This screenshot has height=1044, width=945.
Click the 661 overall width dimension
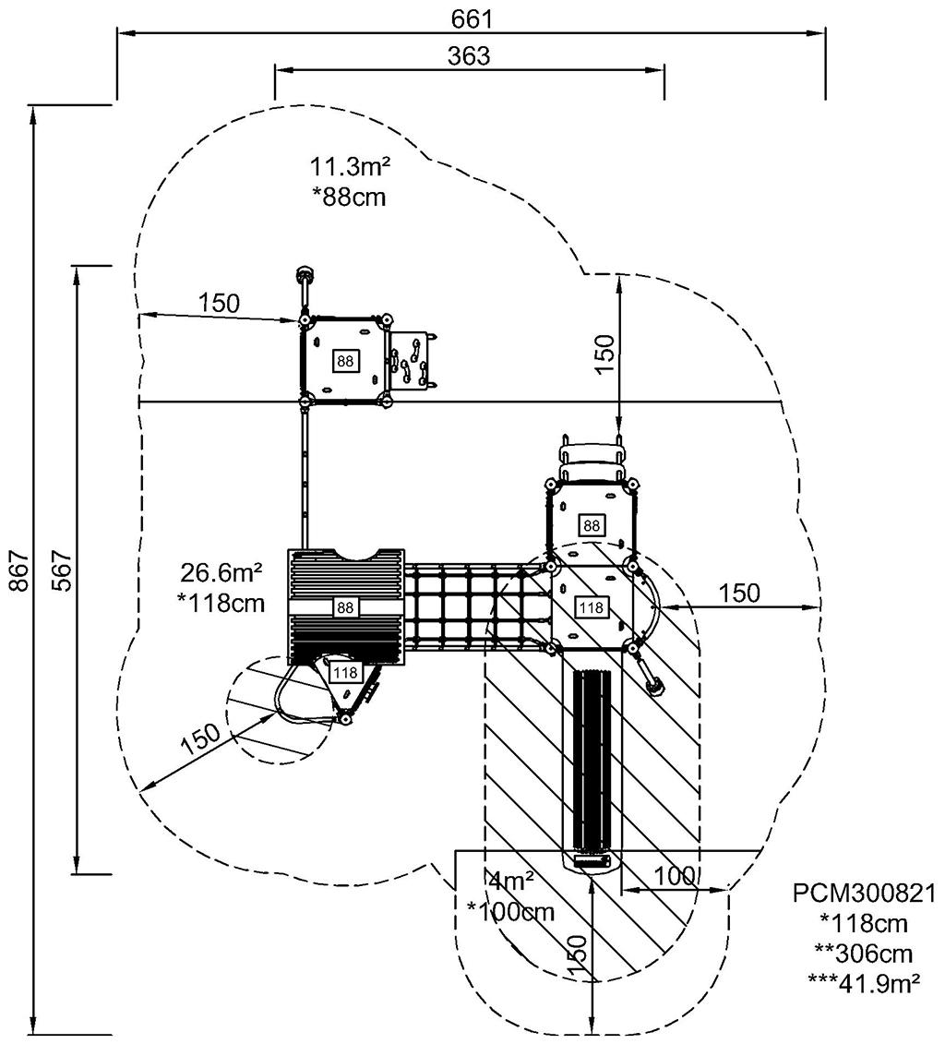472,18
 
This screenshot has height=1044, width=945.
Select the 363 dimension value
469,55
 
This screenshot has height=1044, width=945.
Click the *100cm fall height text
511,912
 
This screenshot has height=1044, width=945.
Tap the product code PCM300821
865,894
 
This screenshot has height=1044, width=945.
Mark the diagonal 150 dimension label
200,738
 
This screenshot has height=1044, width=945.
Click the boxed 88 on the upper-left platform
345,361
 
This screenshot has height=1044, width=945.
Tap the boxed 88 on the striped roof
345,607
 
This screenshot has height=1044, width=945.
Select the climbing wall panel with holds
410,360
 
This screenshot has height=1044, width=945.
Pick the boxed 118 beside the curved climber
345,672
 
